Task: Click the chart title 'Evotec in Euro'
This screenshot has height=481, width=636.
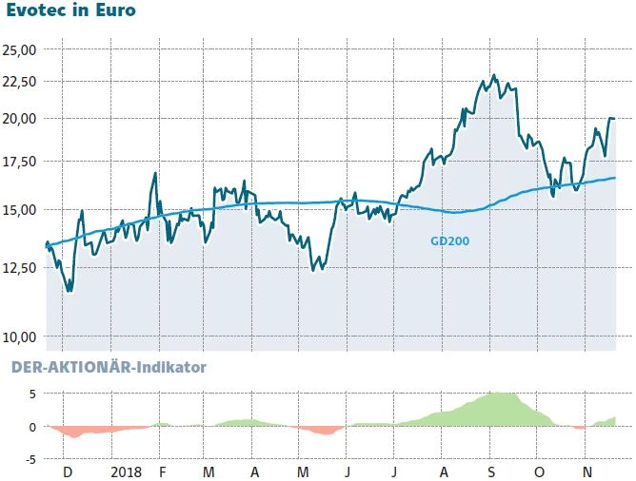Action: point(70,12)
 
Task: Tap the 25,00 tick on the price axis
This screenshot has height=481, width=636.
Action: point(20,49)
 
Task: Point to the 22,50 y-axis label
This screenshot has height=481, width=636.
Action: point(20,81)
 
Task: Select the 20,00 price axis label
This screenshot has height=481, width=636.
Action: point(20,119)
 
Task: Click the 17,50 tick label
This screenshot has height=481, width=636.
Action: point(20,162)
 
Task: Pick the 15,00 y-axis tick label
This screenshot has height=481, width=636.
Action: point(20,209)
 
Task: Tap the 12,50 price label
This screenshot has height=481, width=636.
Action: point(20,267)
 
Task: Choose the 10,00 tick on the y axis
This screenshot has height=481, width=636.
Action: point(20,337)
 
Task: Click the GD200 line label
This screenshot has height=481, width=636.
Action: point(449,241)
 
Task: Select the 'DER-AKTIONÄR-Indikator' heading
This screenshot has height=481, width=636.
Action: point(108,366)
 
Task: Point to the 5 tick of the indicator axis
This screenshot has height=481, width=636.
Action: point(31,394)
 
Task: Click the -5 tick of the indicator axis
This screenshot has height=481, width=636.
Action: point(30,458)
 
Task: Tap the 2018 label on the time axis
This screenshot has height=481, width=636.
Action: point(126,471)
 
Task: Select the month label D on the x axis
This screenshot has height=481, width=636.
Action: point(67,471)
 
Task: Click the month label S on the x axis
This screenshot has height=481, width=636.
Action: point(490,471)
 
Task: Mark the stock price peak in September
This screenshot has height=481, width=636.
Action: point(493,75)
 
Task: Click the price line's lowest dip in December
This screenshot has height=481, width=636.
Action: point(69,291)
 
